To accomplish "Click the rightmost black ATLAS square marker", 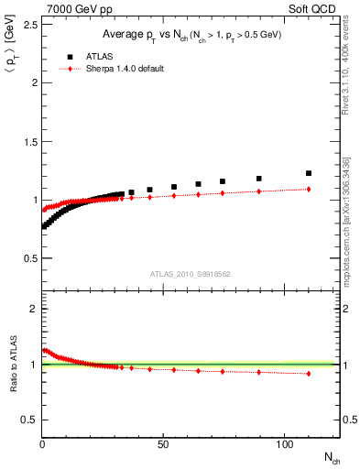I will click(x=309, y=172).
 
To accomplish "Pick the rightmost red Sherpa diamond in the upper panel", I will click(x=309, y=189).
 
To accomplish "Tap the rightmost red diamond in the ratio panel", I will click(x=309, y=373).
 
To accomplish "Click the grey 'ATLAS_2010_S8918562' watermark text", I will click(x=191, y=273).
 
